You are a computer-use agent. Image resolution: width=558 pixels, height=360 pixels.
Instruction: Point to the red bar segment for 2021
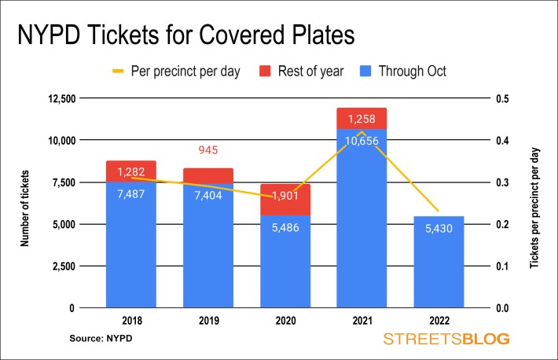(x=361, y=118)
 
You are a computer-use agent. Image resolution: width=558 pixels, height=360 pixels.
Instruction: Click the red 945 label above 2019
(x=208, y=150)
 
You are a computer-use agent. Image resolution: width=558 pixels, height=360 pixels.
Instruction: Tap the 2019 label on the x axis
(x=208, y=322)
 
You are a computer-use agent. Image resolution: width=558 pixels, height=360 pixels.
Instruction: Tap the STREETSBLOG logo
(x=446, y=340)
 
